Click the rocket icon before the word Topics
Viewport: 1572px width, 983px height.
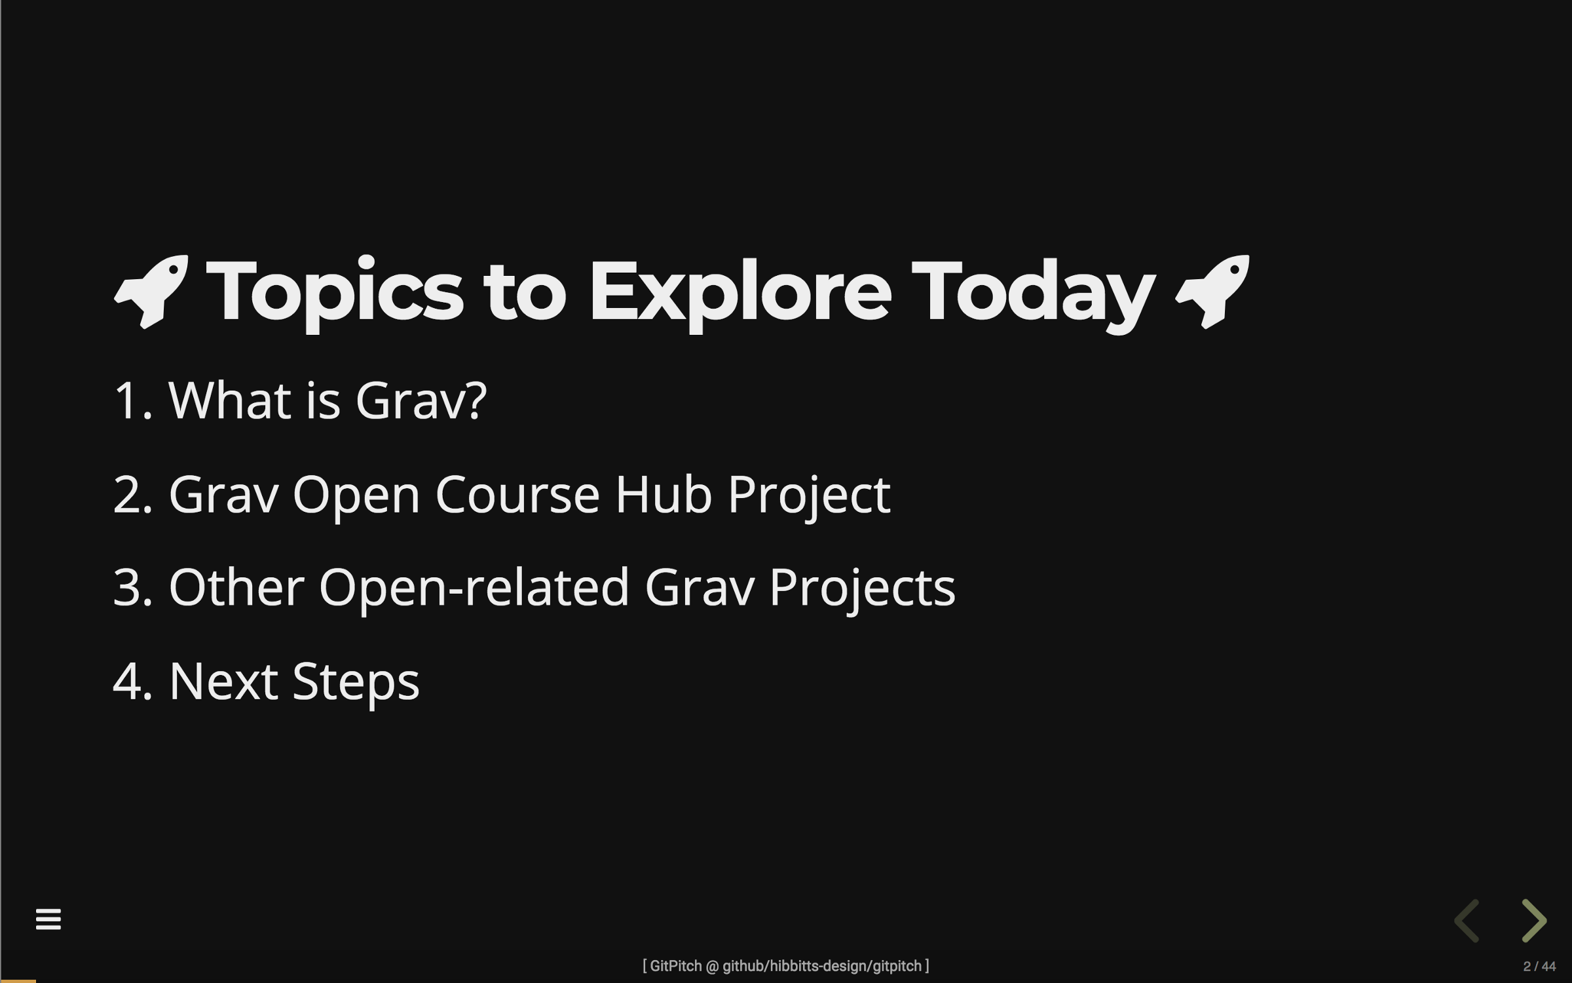152,292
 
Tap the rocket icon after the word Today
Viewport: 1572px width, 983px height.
1212,292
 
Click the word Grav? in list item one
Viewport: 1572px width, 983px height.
421,400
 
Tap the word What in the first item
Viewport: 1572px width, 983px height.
230,400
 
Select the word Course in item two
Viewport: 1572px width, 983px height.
517,494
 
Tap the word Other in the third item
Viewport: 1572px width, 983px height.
236,587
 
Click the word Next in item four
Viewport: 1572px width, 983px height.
223,682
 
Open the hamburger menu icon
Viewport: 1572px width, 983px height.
48,919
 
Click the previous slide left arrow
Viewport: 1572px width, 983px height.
1467,921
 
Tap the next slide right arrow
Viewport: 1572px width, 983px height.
1534,921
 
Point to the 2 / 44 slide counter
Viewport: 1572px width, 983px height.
1539,967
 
